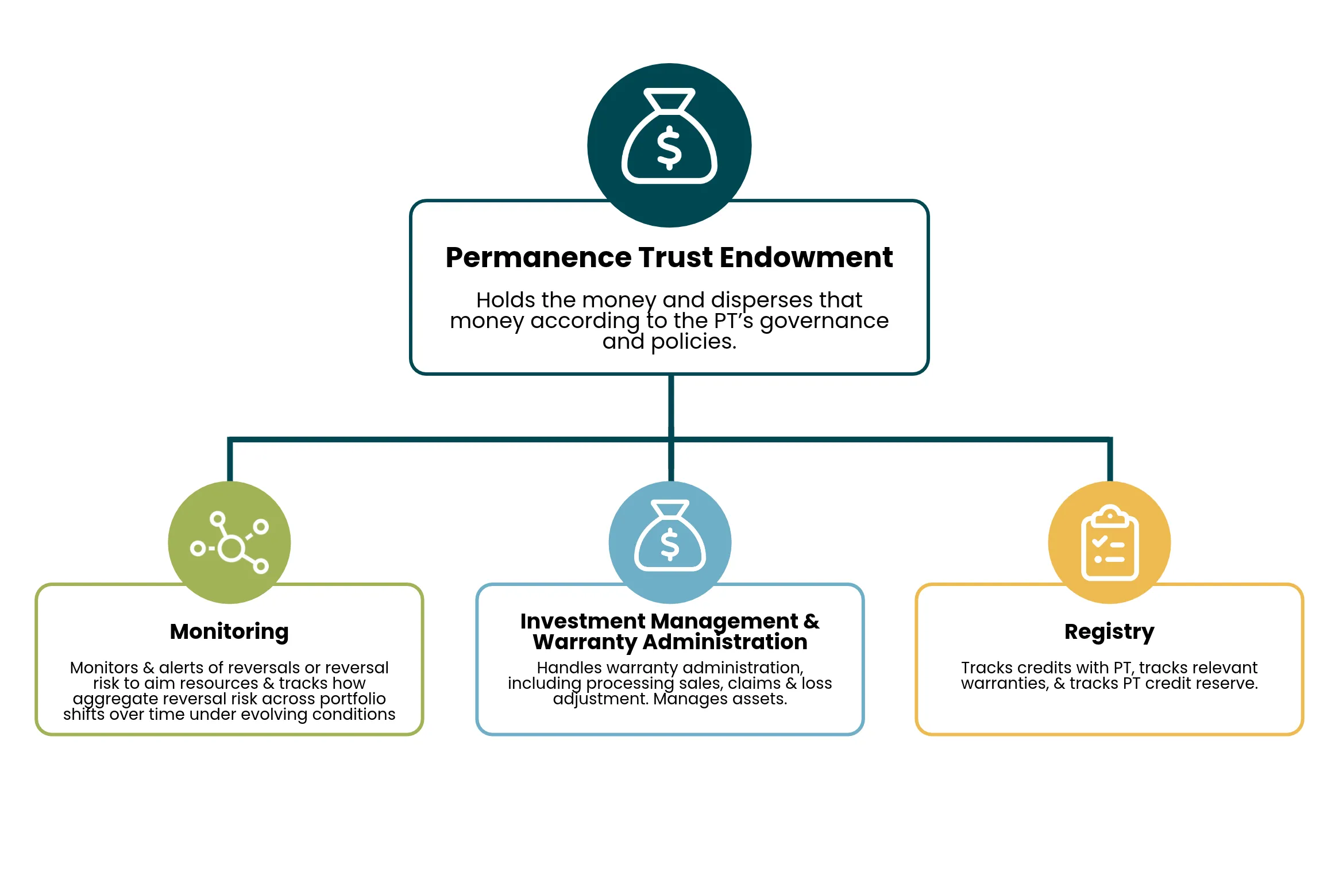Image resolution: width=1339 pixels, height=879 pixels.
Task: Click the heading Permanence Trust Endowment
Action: pos(669,257)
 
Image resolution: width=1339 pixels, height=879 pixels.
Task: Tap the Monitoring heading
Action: pos(229,632)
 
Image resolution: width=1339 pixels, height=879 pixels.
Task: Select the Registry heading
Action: pos(1109,632)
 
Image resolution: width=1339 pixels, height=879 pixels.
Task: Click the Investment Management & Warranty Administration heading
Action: pos(670,631)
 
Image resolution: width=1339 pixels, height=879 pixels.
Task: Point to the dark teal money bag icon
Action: pos(669,136)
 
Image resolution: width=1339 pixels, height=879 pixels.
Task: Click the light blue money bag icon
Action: pos(670,535)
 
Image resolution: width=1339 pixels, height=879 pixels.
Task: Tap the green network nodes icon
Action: pos(229,542)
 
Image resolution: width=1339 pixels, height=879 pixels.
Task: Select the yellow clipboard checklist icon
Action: pos(1110,543)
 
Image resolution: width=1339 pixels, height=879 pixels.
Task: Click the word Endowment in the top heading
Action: pos(806,257)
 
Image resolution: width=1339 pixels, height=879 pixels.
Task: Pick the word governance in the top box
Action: pos(824,321)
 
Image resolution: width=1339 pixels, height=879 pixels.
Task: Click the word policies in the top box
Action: pos(693,342)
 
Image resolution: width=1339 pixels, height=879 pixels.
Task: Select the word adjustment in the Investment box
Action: pos(601,699)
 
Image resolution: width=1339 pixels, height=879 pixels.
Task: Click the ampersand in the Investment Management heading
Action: pos(812,622)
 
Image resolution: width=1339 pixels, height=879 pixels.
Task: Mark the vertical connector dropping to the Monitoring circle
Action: pos(230,460)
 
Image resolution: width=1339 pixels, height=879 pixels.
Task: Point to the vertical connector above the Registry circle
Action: pos(1110,460)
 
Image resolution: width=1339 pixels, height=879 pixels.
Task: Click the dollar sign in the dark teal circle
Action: pos(669,148)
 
